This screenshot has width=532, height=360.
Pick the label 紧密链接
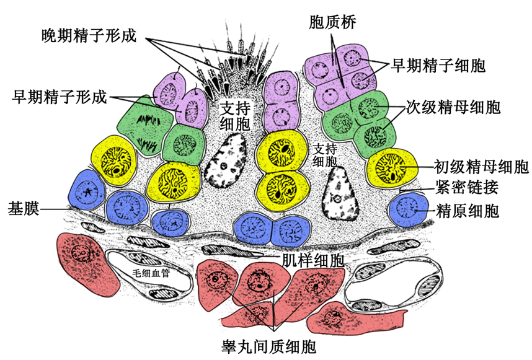(x=468, y=187)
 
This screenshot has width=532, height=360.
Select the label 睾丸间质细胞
(x=269, y=345)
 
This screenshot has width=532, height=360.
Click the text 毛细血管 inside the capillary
(x=148, y=271)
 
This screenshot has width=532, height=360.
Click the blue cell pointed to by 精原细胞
(x=408, y=209)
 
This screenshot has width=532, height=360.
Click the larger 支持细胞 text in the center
(x=236, y=115)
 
